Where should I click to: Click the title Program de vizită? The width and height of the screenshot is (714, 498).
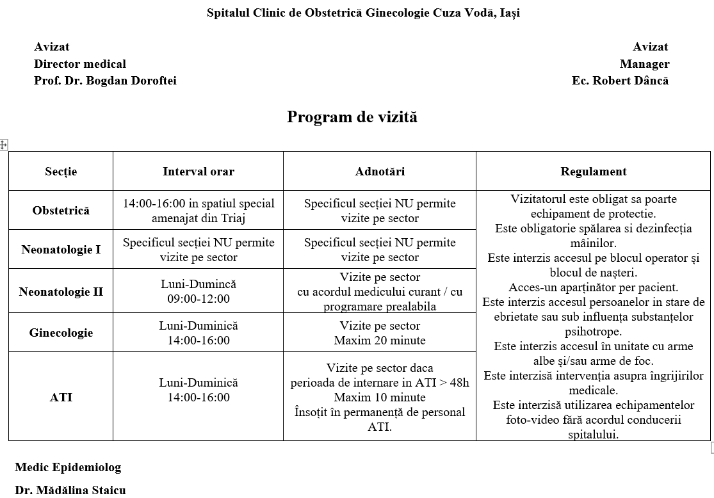tap(352, 117)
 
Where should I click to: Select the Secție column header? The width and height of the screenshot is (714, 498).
tap(61, 172)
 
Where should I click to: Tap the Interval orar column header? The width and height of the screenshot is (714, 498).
tap(199, 172)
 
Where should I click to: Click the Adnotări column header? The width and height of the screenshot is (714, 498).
tap(380, 172)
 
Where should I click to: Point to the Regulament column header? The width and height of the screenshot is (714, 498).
tap(594, 172)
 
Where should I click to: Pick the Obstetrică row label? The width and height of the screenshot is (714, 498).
tap(61, 211)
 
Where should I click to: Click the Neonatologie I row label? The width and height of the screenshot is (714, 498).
tap(61, 250)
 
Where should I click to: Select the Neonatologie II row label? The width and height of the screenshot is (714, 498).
tap(61, 292)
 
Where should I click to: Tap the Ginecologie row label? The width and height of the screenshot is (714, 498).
tap(61, 333)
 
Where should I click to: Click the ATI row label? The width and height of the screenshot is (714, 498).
tap(61, 398)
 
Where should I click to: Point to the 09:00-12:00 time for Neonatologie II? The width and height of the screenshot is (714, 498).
tap(199, 299)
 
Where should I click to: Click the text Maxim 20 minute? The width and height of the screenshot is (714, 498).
tap(380, 341)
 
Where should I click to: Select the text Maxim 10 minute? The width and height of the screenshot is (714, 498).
tap(380, 398)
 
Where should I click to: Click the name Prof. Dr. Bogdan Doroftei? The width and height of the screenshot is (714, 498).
tap(105, 81)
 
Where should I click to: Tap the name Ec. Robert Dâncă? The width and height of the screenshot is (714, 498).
tap(620, 81)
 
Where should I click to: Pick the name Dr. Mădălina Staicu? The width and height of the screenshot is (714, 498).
tap(70, 490)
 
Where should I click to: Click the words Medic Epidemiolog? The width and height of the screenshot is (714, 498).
tap(68, 467)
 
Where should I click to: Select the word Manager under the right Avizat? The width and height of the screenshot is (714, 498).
tap(644, 64)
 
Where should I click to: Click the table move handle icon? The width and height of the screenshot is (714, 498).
tap(3, 145)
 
